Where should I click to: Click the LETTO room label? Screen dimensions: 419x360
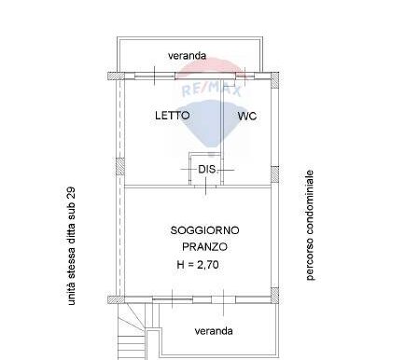(x=173, y=116)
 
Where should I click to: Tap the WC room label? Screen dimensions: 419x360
(x=247, y=117)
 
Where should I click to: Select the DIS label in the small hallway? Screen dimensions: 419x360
(x=207, y=170)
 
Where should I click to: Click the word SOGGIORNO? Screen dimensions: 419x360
(x=205, y=230)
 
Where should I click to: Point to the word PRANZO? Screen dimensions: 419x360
(x=204, y=247)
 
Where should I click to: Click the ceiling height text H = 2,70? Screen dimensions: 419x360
(x=198, y=265)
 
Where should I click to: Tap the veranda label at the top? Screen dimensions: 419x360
(x=187, y=56)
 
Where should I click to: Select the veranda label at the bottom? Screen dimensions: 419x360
(x=214, y=331)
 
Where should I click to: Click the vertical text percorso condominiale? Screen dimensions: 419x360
(x=310, y=225)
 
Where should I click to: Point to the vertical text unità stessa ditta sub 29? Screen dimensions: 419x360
(x=71, y=245)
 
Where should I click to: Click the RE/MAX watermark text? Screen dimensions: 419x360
(x=212, y=89)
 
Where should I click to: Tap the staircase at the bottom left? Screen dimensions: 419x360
(x=132, y=332)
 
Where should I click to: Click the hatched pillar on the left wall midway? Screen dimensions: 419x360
(x=120, y=166)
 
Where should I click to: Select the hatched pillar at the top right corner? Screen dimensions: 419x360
(x=274, y=80)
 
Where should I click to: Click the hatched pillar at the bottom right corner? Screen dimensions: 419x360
(x=274, y=296)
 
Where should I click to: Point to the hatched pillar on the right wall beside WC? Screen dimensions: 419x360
(x=274, y=174)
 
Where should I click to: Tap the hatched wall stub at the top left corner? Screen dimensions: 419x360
(x=116, y=76)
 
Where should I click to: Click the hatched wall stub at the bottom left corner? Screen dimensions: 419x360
(x=116, y=299)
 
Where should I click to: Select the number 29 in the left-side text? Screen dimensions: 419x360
(x=71, y=192)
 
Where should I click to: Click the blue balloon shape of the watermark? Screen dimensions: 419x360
(x=212, y=124)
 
